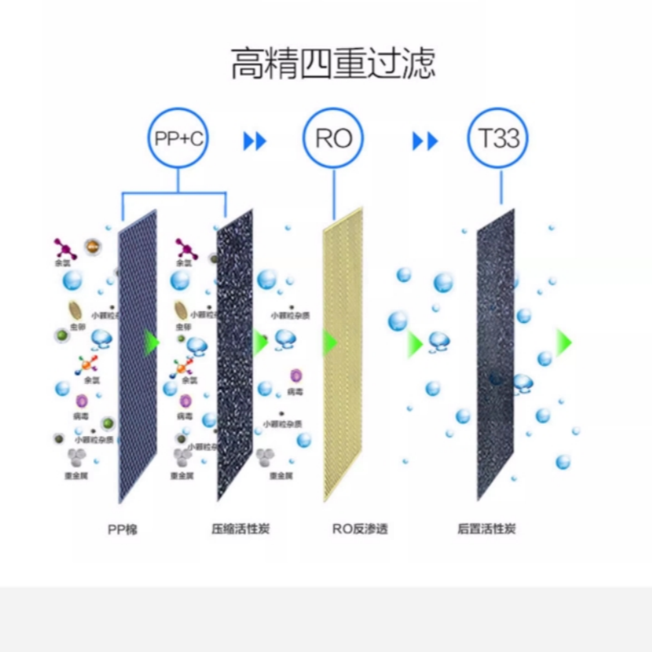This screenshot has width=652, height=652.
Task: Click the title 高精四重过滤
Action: pos(333,64)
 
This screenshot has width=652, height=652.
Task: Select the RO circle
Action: pos(333,138)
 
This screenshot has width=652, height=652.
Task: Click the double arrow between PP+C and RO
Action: pos(255,141)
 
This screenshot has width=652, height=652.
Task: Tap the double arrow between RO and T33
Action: pos(425,141)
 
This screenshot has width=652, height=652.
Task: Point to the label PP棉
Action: pos(122,530)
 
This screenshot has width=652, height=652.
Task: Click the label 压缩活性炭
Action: pos(240,530)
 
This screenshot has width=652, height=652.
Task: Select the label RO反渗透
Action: pos(359,530)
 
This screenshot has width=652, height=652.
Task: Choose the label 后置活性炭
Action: pos(487,530)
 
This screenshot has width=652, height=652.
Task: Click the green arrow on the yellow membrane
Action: pos(329,342)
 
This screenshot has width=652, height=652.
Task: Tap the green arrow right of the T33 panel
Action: pos(563,342)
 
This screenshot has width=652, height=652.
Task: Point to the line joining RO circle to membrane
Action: pos(333,192)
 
